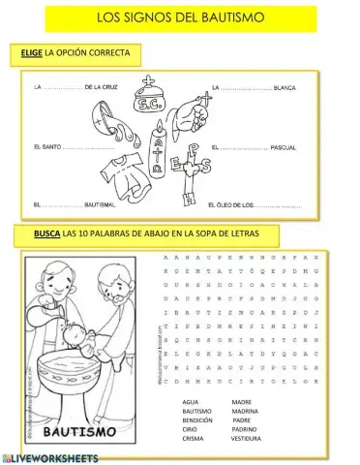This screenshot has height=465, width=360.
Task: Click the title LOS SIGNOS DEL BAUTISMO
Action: coord(179,18)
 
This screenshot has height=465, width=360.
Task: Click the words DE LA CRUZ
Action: coord(104,89)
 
